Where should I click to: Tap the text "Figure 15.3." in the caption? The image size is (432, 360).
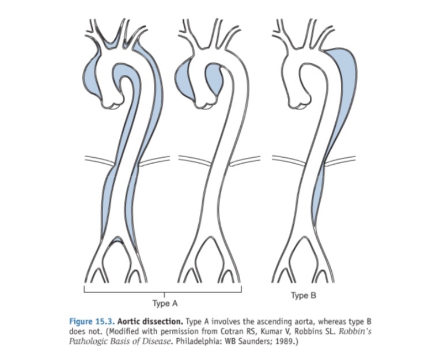click(x=89, y=321)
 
